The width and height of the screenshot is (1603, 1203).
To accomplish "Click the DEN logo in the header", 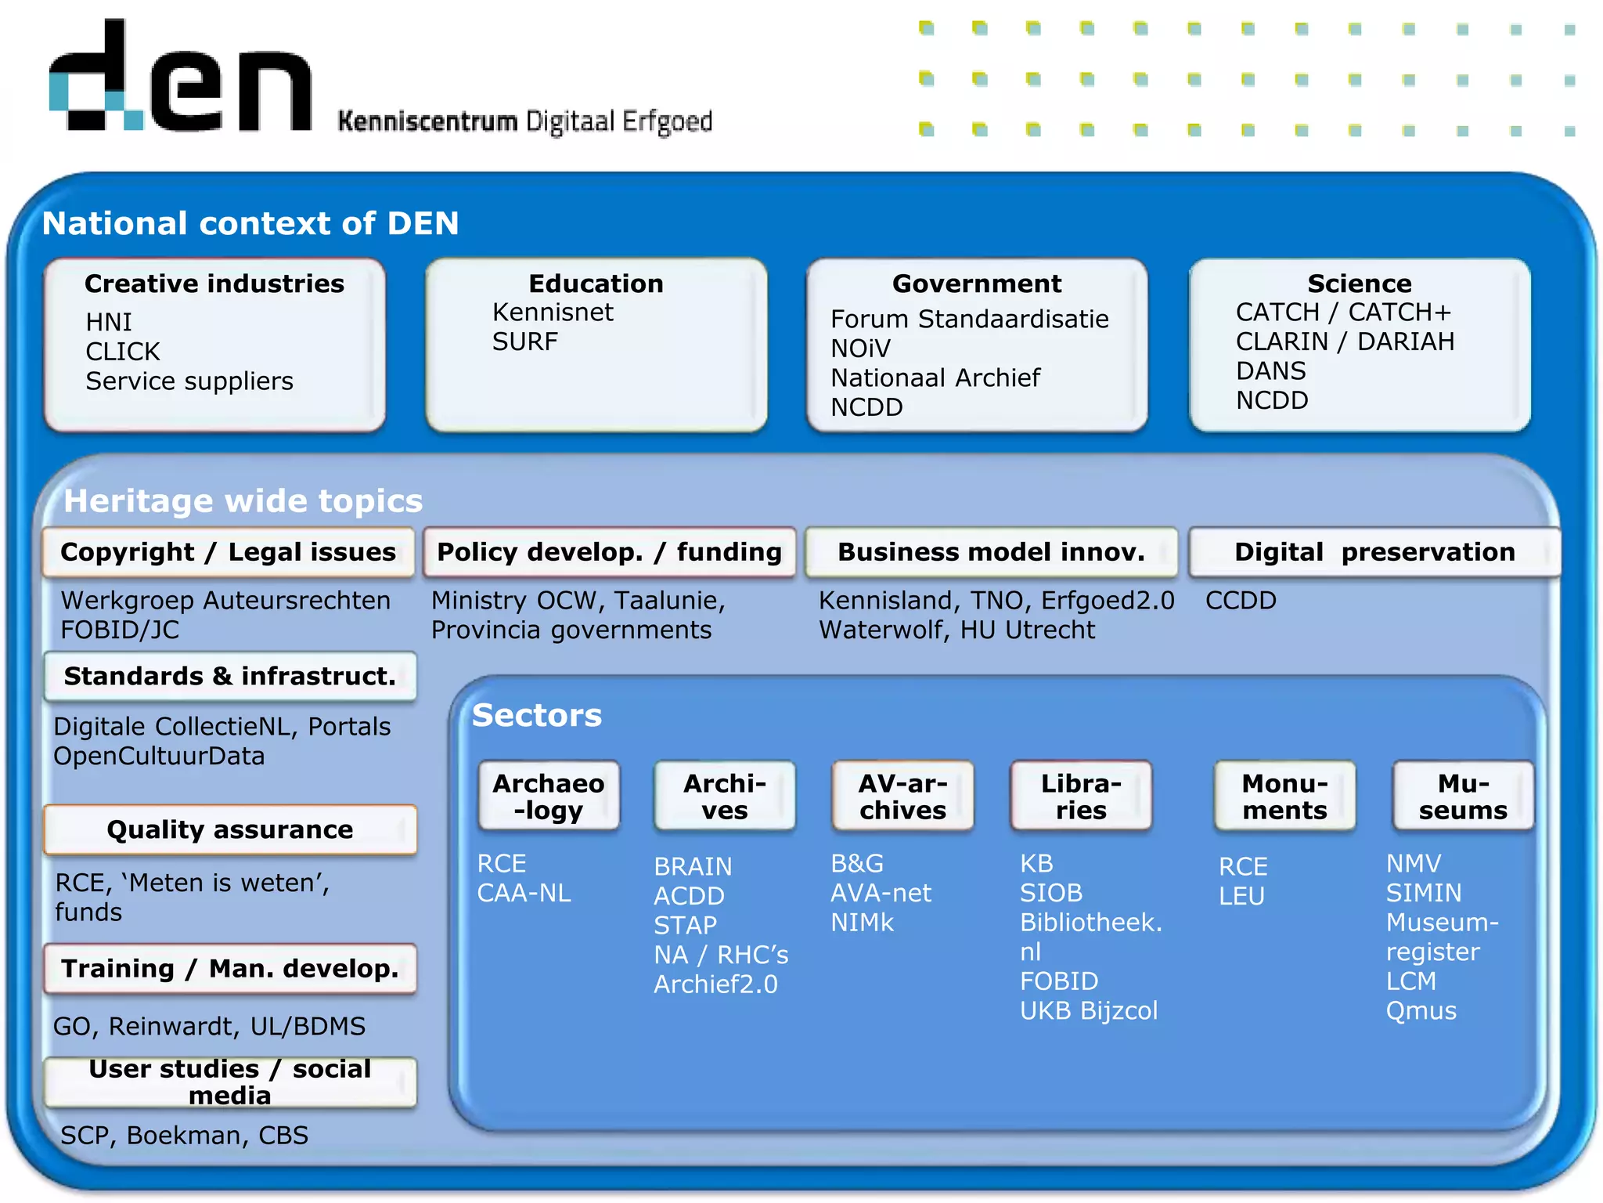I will click(180, 78).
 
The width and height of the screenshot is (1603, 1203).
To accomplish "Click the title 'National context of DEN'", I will click(250, 223).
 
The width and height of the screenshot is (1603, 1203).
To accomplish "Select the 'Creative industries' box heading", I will click(214, 284).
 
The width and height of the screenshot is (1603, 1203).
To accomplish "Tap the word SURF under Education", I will click(524, 341).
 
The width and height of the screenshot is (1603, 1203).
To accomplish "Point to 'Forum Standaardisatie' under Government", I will click(969, 319).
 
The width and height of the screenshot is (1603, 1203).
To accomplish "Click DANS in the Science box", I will click(1270, 370).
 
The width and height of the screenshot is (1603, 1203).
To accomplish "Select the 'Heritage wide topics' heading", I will click(243, 501).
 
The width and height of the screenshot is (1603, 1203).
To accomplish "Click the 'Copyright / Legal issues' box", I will click(228, 552).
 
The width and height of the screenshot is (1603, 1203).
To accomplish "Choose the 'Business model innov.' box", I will click(991, 552).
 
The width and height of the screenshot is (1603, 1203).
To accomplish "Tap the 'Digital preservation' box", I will click(1374, 552).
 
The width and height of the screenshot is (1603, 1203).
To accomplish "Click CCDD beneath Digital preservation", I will click(1241, 601).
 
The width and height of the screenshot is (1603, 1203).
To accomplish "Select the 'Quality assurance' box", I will click(230, 829).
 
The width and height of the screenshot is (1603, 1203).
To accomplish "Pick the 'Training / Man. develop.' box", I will click(230, 969).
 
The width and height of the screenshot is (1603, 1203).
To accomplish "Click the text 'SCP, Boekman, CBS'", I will click(184, 1135).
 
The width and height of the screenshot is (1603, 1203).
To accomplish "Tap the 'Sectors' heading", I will click(537, 715).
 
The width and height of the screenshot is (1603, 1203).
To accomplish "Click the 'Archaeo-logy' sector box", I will click(549, 797).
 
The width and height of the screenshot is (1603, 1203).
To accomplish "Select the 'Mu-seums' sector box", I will click(1462, 797).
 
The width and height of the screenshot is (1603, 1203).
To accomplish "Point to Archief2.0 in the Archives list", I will click(715, 984).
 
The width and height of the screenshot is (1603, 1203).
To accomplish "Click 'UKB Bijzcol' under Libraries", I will click(1088, 1011).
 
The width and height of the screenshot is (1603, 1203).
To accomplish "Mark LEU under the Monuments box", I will click(1241, 896).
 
